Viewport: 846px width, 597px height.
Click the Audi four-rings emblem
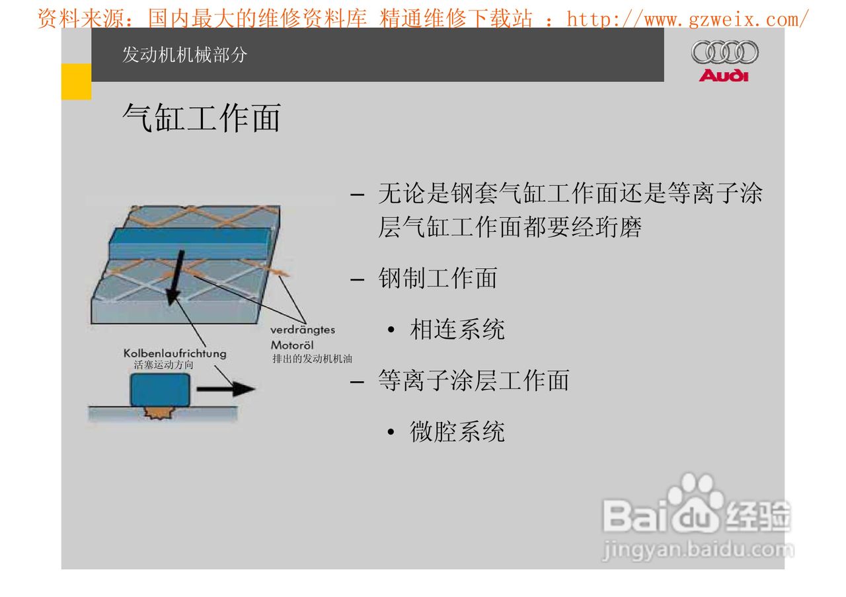click(724, 52)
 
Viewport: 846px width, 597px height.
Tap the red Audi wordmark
click(724, 75)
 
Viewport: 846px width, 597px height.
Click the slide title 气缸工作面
click(202, 119)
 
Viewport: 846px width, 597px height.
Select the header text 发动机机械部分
click(184, 55)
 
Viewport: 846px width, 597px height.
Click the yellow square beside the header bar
click(76, 82)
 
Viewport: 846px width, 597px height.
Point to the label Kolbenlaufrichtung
click(174, 353)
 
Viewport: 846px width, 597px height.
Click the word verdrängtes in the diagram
click(303, 330)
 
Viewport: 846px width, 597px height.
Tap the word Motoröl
click(291, 345)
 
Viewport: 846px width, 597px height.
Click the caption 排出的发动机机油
click(313, 359)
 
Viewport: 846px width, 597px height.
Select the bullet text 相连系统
click(457, 329)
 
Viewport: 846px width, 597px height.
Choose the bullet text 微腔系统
click(457, 432)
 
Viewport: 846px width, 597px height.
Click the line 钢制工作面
click(438, 278)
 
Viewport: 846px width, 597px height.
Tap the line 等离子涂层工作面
click(473, 380)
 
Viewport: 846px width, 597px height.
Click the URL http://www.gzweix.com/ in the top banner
click(687, 19)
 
